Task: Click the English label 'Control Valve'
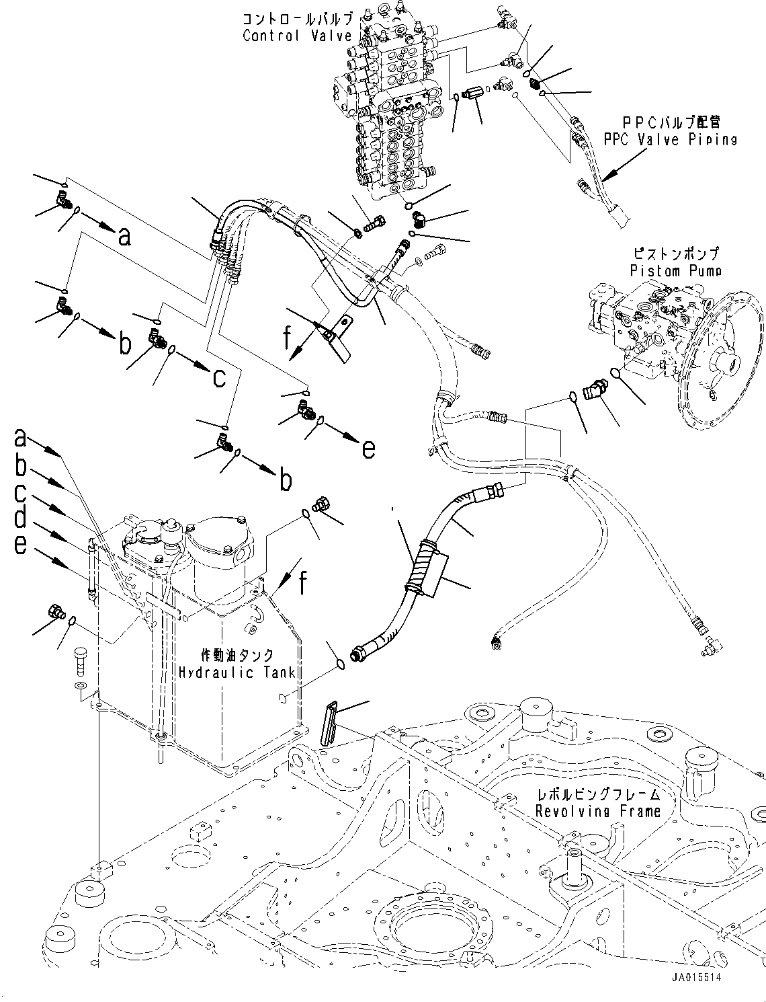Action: pyautogui.click(x=297, y=36)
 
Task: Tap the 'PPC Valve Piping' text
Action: pyautogui.click(x=670, y=139)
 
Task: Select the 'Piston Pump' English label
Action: pyautogui.click(x=676, y=270)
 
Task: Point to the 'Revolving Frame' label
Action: pyautogui.click(x=598, y=812)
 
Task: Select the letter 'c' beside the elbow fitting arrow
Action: pyautogui.click(x=219, y=377)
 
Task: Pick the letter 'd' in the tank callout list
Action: pyautogui.click(x=21, y=517)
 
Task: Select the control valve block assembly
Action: pyautogui.click(x=386, y=108)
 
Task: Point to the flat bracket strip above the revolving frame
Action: pyautogui.click(x=329, y=724)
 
